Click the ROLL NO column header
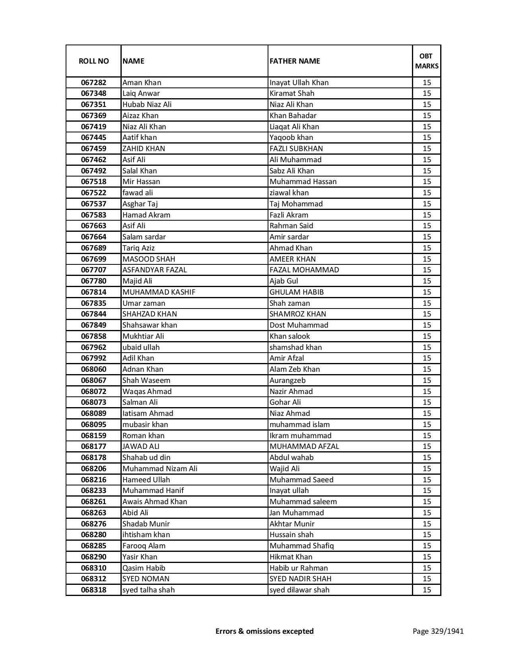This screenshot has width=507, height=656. (93, 61)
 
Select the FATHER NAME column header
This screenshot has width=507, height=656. (295, 61)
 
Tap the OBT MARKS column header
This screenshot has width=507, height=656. (427, 61)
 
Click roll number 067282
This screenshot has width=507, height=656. (93, 83)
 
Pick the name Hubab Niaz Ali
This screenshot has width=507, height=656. (147, 105)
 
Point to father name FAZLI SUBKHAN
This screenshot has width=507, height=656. (296, 149)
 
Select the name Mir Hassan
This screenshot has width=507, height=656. (141, 182)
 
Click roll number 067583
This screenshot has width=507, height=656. (93, 215)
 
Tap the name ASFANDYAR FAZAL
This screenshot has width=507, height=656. (155, 270)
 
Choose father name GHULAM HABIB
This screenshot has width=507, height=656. (297, 292)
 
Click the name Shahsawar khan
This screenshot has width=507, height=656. (150, 325)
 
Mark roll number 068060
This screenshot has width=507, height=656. (93, 369)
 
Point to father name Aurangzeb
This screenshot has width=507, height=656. (287, 380)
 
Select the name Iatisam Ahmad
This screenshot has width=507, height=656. (148, 413)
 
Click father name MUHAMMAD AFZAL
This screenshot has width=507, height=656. (304, 446)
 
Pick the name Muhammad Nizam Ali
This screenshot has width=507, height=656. (160, 469)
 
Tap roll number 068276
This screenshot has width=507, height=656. (93, 524)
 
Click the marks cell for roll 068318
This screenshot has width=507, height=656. (427, 590)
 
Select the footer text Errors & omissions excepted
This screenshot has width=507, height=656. (264, 631)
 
